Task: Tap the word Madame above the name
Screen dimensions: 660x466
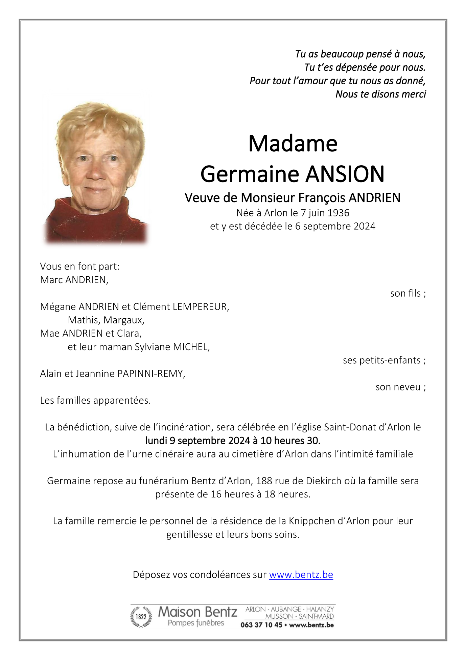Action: coord(293,144)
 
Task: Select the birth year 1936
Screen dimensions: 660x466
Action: coord(339,213)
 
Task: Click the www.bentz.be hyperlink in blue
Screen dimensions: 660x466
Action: coord(301,575)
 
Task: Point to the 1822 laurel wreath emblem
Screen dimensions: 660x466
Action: coord(141,617)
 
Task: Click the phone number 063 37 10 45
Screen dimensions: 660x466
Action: coord(261,625)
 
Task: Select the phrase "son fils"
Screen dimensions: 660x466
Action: coord(405,293)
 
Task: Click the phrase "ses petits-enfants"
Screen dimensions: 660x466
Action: coord(381,360)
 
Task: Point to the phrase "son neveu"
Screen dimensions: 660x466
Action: coord(398,387)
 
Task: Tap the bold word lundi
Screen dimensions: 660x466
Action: coord(156,441)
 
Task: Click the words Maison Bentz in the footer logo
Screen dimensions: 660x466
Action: coord(197,612)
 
